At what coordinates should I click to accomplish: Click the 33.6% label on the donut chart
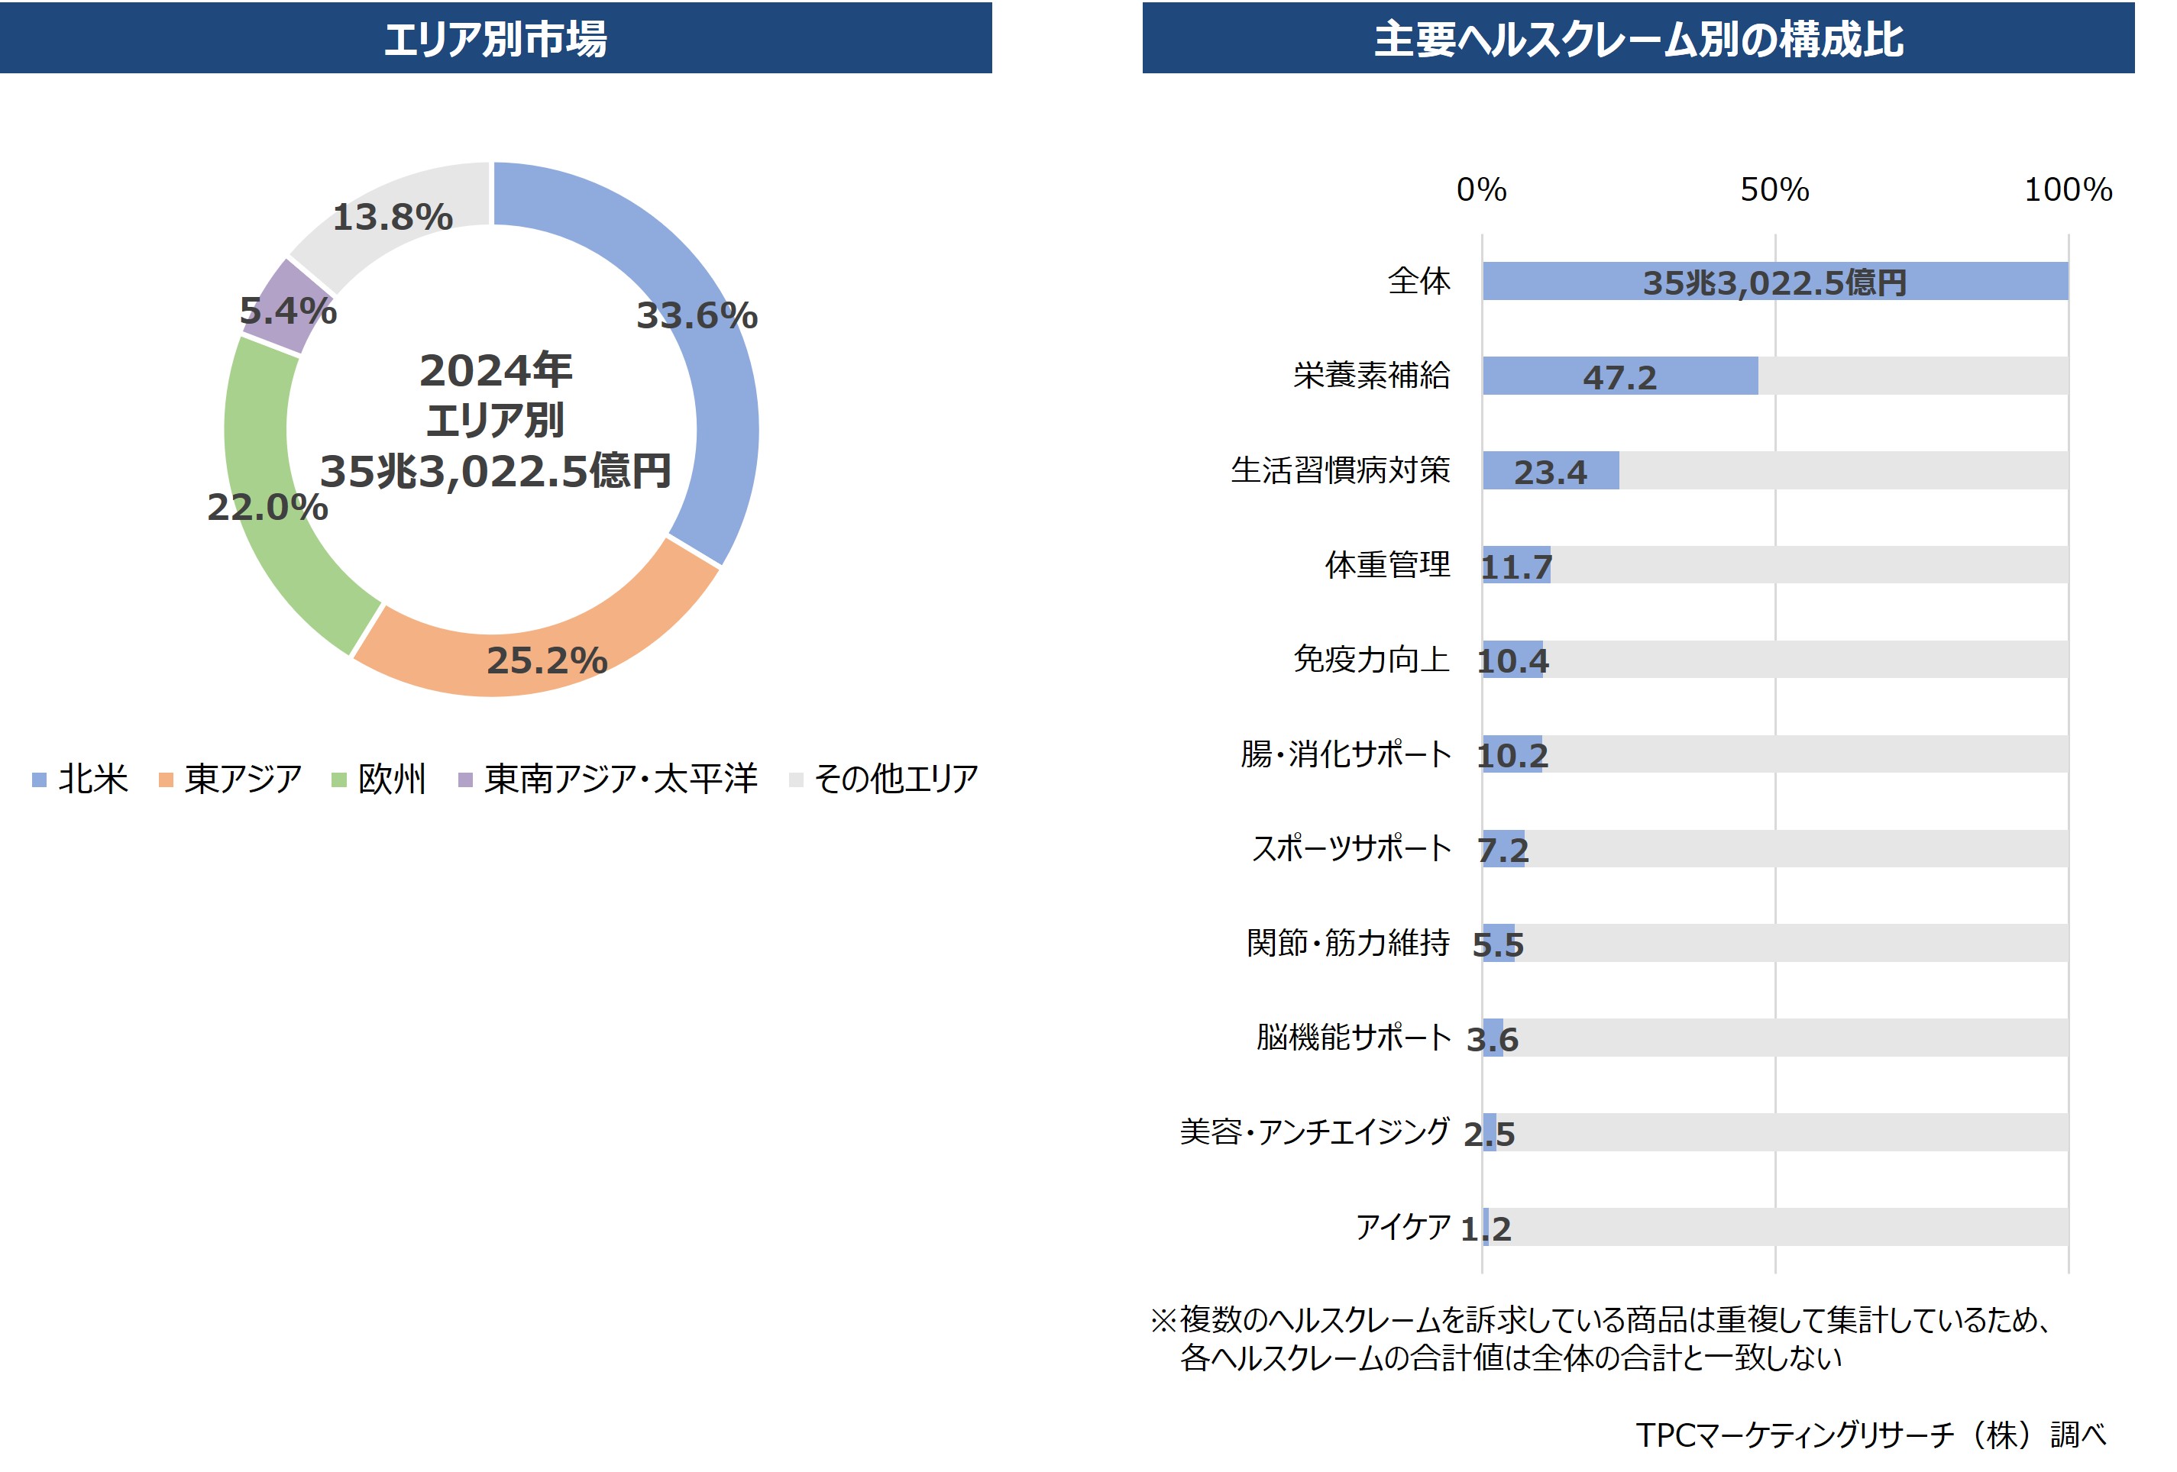[697, 315]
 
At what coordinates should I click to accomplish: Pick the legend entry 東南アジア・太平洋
[608, 779]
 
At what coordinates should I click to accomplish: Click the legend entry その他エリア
[885, 779]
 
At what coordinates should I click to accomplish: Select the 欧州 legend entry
[380, 779]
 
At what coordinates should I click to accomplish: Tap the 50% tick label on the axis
[1774, 190]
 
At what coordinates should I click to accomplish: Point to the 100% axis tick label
[2068, 190]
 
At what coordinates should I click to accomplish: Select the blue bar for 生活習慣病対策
[1551, 470]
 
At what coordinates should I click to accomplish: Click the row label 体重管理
[1387, 565]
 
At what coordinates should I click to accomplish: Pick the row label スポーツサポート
[1351, 848]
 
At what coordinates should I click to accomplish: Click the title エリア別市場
[496, 38]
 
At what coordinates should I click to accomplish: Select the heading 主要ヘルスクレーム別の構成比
[1638, 38]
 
